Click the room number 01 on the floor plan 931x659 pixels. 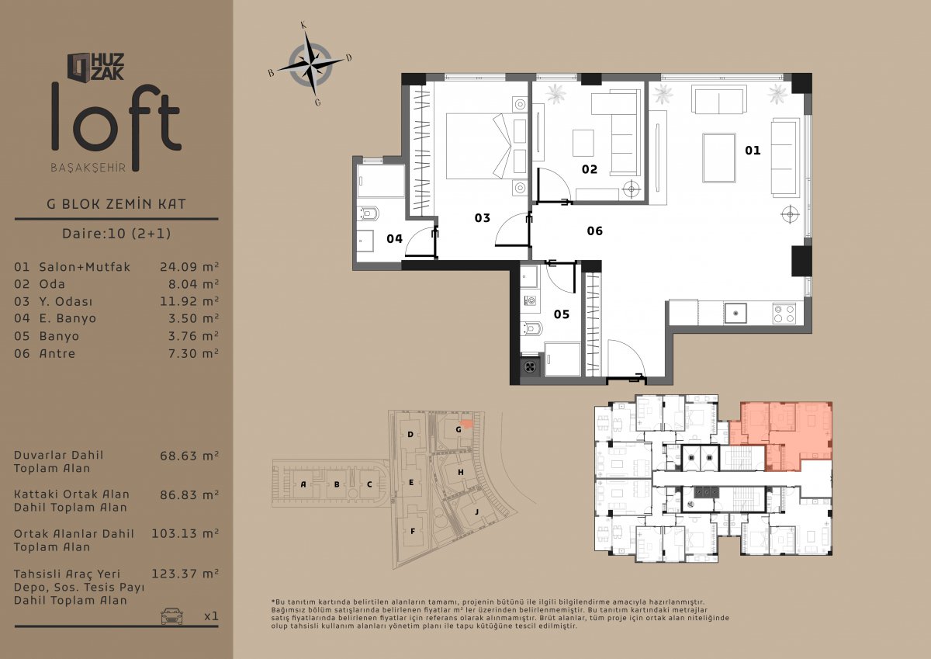click(x=753, y=150)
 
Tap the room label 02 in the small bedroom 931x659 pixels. click(x=590, y=169)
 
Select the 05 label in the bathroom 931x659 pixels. click(x=562, y=314)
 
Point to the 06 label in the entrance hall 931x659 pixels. click(x=595, y=231)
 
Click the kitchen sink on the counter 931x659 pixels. click(x=735, y=313)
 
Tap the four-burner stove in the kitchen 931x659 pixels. click(x=784, y=314)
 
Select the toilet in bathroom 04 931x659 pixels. click(x=368, y=213)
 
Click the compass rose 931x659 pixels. click(x=310, y=64)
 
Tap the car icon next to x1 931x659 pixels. click(x=171, y=616)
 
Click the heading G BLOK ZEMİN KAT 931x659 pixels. click(x=116, y=204)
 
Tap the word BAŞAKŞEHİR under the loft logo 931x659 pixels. click(x=88, y=168)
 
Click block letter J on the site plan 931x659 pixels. click(x=476, y=512)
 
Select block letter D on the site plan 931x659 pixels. click(x=410, y=435)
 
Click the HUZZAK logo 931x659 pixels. click(x=95, y=67)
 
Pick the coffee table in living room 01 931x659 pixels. click(x=719, y=158)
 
